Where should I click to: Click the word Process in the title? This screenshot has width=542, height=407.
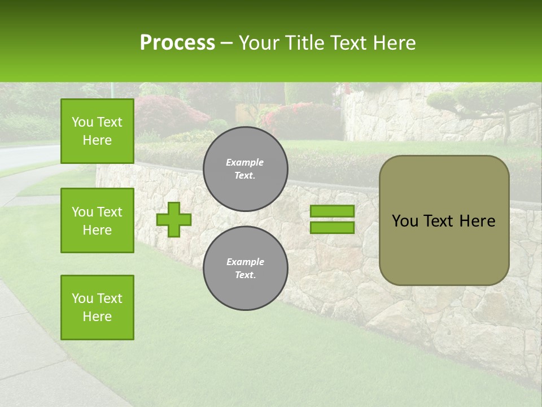point(177,43)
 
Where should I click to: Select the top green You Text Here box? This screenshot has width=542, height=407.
point(97,131)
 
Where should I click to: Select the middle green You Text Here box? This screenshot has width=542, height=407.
point(97,220)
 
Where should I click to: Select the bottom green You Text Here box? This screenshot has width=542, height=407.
point(97,308)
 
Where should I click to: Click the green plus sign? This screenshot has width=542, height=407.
point(174,219)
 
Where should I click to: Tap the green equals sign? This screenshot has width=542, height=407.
point(333,219)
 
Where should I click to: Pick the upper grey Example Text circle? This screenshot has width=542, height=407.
point(245,169)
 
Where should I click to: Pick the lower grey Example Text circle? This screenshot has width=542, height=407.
point(245,269)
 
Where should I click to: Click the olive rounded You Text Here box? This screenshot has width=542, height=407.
point(444,220)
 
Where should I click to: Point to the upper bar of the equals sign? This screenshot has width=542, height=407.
point(333,211)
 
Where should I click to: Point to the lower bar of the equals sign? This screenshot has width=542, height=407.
point(333,227)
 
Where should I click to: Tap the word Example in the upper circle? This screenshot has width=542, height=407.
point(245,162)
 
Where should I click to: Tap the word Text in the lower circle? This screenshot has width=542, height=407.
point(245,275)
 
